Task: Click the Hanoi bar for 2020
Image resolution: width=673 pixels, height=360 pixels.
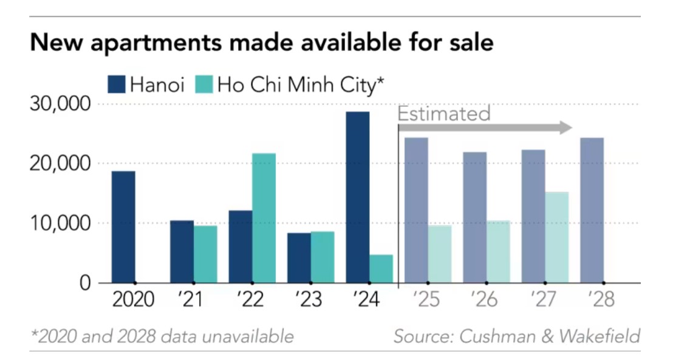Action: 123,227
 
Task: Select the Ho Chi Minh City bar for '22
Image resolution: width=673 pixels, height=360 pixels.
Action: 264,218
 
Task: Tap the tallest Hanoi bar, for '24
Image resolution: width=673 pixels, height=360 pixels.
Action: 357,197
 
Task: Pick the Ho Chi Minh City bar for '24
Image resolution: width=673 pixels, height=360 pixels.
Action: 381,268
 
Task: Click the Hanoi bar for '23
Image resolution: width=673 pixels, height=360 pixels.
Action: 299,258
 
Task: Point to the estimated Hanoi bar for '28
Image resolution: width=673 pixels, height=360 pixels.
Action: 592,210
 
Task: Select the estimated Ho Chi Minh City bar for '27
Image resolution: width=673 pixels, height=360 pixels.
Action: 557,237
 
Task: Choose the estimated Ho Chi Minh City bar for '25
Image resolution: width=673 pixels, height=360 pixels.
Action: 440,254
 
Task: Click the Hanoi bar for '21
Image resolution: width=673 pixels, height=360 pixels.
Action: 182,251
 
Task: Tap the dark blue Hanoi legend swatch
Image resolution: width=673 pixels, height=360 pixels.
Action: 117,84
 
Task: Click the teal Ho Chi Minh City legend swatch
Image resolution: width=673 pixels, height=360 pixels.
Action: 204,84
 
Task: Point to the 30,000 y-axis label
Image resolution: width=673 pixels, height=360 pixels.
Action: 60,104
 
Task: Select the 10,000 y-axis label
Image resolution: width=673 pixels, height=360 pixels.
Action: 60,223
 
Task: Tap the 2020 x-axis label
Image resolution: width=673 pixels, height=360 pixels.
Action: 134,300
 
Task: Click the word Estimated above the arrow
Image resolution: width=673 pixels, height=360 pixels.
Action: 444,114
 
